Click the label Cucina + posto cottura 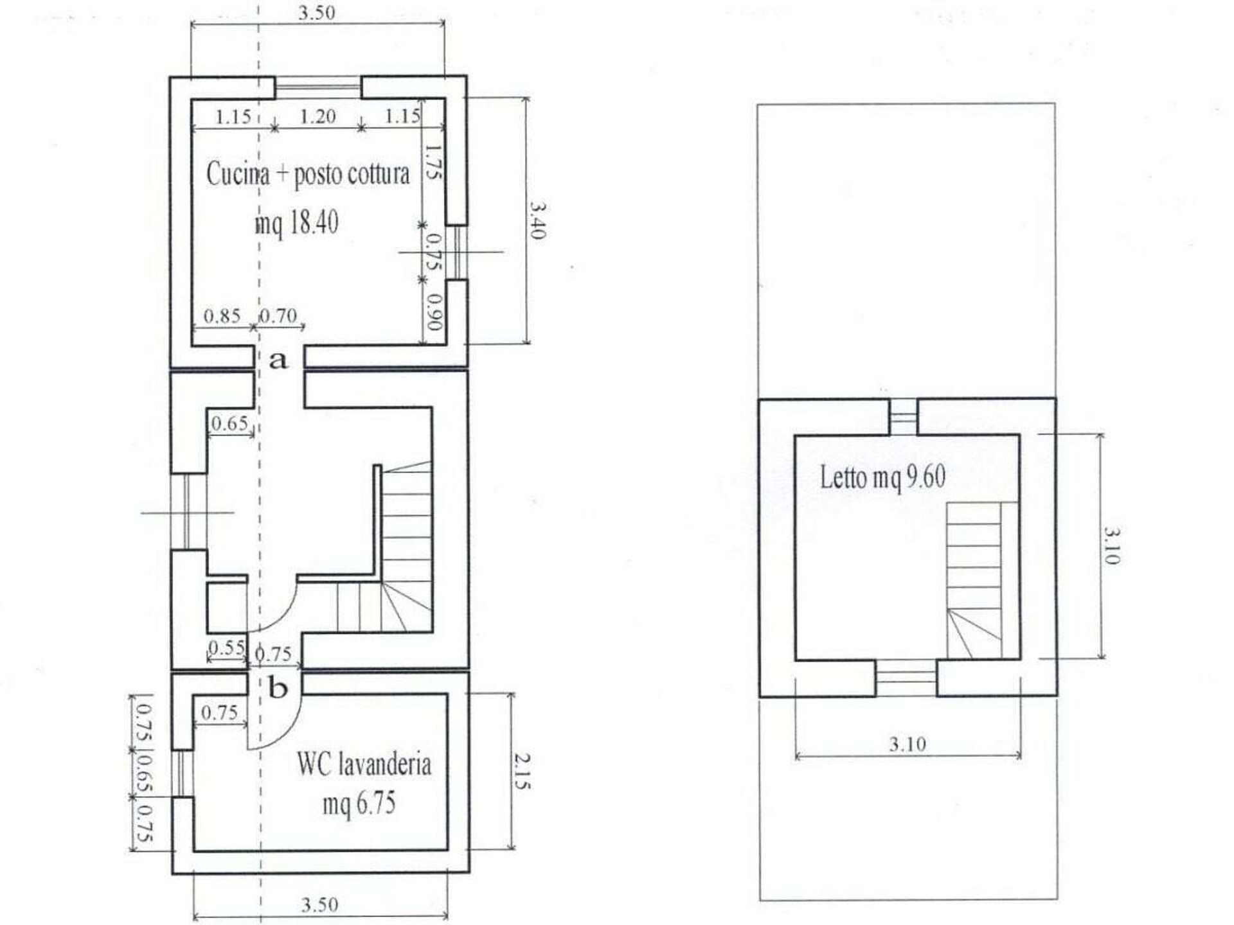(308, 175)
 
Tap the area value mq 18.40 (297, 224)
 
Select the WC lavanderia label (364, 764)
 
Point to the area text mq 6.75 (359, 804)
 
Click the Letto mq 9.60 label (882, 477)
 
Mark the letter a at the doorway (278, 360)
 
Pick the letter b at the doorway (278, 689)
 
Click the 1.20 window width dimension (318, 116)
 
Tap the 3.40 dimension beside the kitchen (537, 220)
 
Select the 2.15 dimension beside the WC (522, 771)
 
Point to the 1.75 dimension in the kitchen (433, 161)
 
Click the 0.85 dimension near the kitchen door (222, 316)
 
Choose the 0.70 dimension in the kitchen (278, 315)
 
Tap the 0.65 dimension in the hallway (229, 423)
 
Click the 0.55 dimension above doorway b (227, 647)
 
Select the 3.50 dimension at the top (317, 13)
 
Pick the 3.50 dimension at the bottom (319, 905)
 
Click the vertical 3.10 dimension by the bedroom (1112, 545)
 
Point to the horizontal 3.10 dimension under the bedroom (908, 744)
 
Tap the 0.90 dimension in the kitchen (434, 312)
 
